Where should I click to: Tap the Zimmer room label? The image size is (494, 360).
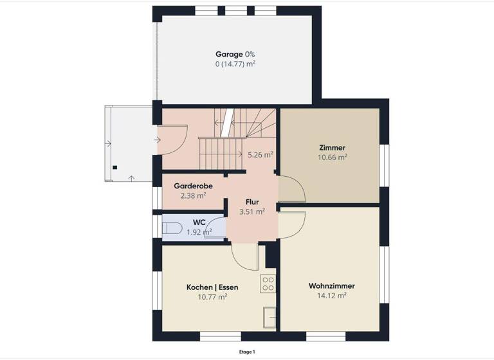click(333, 147)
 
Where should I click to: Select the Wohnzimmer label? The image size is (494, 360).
click(332, 285)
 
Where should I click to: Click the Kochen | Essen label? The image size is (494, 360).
click(212, 287)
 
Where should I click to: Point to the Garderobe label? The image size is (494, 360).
click(194, 186)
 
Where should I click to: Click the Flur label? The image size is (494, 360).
click(252, 201)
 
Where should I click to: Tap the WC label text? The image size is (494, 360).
click(199, 222)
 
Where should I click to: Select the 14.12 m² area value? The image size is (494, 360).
click(332, 296)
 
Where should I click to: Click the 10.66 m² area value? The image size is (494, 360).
click(333, 157)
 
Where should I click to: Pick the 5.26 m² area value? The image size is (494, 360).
click(261, 154)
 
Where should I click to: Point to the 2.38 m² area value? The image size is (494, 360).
click(194, 195)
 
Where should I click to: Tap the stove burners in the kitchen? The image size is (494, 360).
click(268, 283)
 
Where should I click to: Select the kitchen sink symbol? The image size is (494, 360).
click(269, 317)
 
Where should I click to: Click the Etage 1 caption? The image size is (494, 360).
click(247, 352)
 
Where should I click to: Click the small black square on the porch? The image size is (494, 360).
click(114, 168)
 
